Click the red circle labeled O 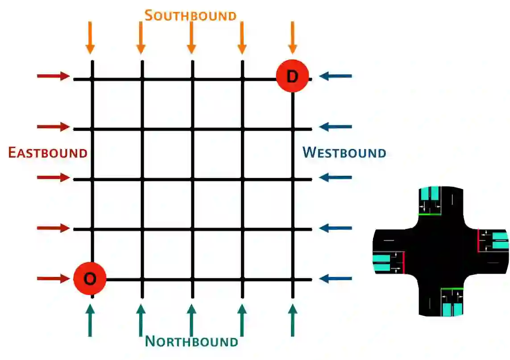point(90,279)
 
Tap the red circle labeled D point(292,76)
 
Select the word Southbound point(191,16)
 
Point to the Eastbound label point(48,153)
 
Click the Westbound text point(344,153)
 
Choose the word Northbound point(191,342)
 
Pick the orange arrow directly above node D point(293,37)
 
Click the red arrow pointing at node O point(53,279)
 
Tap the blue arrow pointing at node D point(336,76)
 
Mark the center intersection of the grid point(192,179)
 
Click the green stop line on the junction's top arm point(429,214)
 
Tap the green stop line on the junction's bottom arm point(452,289)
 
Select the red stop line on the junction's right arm point(478,240)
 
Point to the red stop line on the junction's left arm point(403,262)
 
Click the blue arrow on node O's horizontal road point(336,279)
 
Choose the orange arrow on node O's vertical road point(90,37)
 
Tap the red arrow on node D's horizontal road point(53,76)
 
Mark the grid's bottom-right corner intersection point(293,279)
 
